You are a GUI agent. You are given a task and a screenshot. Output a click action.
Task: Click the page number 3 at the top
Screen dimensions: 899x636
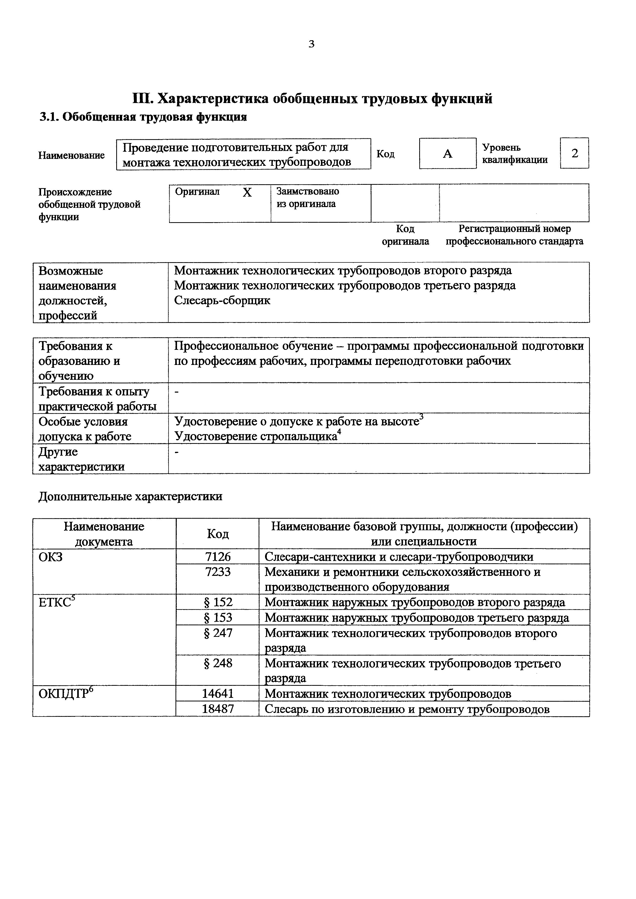coord(311,44)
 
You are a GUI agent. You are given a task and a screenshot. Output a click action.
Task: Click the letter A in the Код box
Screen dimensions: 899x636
coord(447,154)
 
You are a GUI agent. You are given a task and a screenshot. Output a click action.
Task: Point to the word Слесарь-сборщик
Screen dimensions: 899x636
coord(222,300)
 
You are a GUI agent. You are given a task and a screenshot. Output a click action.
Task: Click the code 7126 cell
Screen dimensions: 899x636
coord(218,556)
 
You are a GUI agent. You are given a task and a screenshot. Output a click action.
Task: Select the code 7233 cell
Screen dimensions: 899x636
coord(218,572)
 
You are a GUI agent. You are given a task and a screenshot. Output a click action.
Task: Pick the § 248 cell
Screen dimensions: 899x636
coord(218,663)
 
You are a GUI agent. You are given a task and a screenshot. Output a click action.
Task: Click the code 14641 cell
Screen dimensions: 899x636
coord(218,693)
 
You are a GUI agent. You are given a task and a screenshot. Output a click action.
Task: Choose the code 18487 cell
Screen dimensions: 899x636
coord(218,709)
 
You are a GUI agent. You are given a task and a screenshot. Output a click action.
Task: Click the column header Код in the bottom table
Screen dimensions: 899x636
coord(218,534)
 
